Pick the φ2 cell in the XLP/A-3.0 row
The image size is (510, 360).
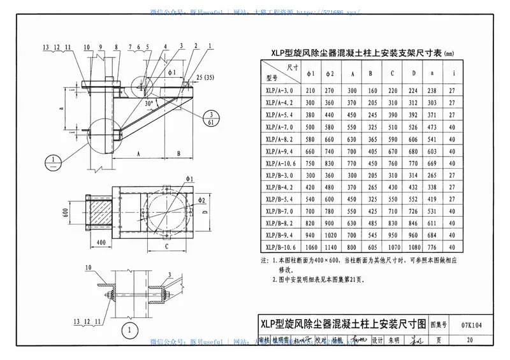pyautogui.click(x=331, y=90)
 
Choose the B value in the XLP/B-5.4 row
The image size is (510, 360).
pyautogui.click(x=372, y=199)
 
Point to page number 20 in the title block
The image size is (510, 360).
pyautogui.click(x=469, y=340)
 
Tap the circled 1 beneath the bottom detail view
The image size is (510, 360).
pyautogui.click(x=130, y=330)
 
